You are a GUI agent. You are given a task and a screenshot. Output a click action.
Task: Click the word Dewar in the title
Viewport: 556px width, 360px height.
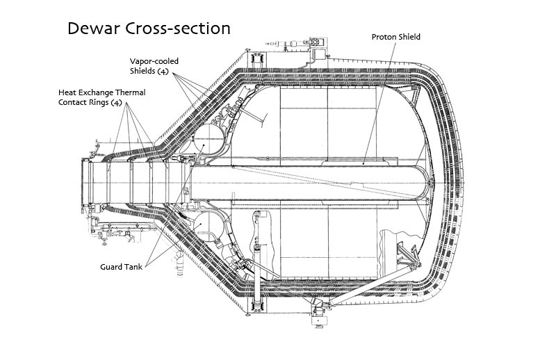click(x=94, y=28)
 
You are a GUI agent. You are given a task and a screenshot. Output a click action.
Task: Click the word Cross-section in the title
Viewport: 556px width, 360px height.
click(x=178, y=28)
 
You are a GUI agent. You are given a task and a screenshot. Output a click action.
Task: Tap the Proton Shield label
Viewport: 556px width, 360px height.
click(x=395, y=37)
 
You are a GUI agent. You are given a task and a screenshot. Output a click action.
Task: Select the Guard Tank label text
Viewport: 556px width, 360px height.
click(x=121, y=267)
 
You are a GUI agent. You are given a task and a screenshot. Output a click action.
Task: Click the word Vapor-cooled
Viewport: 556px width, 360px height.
click(x=154, y=61)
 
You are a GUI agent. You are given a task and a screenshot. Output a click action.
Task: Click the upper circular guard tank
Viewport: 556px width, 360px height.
click(x=209, y=140)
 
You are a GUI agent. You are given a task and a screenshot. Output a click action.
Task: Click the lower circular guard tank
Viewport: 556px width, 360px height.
click(x=209, y=226)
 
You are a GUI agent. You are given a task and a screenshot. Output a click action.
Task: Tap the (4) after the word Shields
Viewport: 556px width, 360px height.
click(x=163, y=71)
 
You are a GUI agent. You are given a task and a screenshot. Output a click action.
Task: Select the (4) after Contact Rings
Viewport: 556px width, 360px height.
click(x=116, y=102)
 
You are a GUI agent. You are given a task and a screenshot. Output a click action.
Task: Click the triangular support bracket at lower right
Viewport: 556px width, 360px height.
click(x=408, y=254)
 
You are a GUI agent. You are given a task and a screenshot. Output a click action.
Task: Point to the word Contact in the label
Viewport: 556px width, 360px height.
click(x=73, y=102)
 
